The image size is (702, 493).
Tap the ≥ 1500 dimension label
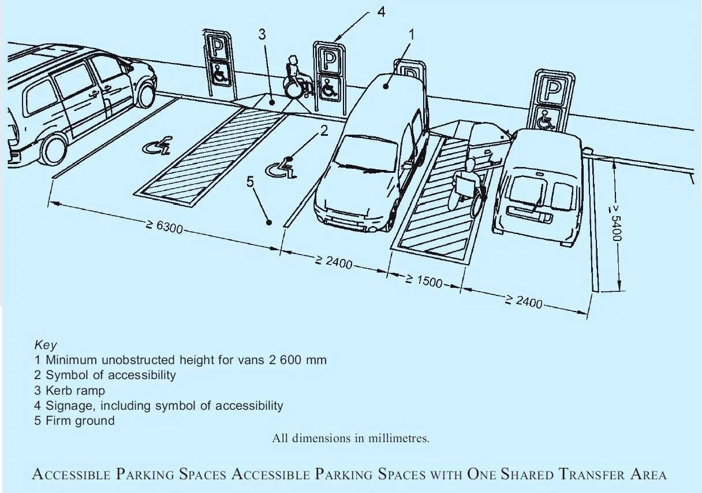click(423, 281)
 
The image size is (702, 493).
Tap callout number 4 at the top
click(381, 11)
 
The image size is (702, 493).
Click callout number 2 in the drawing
click(324, 131)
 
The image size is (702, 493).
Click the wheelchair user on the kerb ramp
click(294, 79)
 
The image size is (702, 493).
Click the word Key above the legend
click(46, 345)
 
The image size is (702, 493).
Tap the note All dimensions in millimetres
click(350, 438)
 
